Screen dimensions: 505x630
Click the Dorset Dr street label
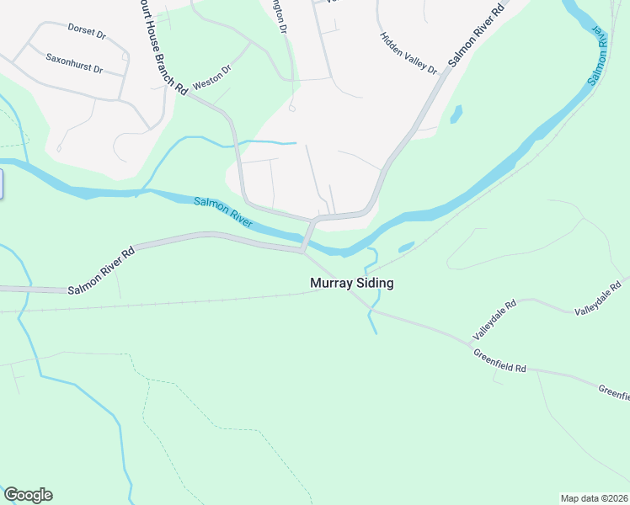tap(87, 35)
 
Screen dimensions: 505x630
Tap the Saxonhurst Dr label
tap(73, 64)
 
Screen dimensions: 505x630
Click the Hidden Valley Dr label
tap(408, 53)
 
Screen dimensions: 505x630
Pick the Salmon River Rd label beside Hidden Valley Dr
tap(477, 35)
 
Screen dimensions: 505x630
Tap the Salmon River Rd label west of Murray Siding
tap(101, 272)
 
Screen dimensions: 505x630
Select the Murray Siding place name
tap(352, 284)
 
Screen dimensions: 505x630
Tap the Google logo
tap(28, 495)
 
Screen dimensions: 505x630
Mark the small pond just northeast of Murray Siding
tap(406, 247)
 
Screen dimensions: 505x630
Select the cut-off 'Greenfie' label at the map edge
tap(614, 392)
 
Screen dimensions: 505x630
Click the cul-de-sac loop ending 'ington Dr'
tap(291, 108)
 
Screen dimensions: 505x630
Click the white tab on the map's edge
tap(2, 183)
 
